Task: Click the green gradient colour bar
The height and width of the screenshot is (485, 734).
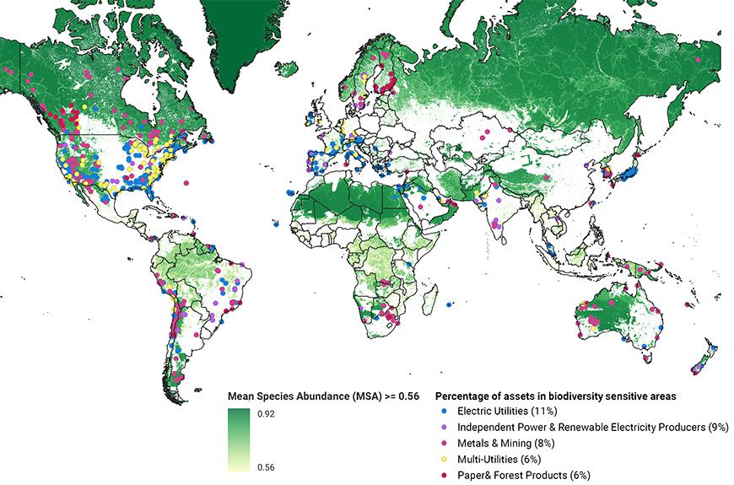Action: (243, 439)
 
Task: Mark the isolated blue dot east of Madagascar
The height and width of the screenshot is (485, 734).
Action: (450, 304)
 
